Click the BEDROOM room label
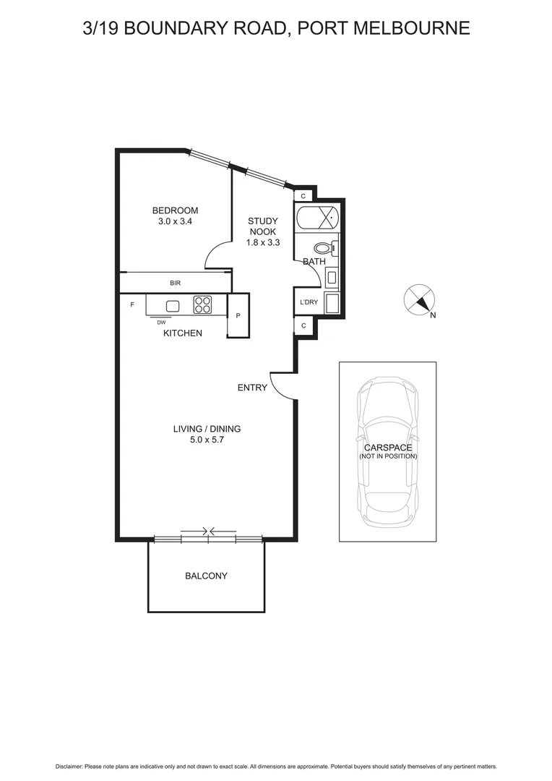175,210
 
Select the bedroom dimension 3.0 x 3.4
175,221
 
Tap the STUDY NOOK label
262,226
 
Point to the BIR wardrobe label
175,283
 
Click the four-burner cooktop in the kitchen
202,305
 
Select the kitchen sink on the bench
173,305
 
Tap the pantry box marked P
238,316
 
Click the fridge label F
132,305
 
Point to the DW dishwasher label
161,323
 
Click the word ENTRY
252,388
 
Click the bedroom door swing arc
217,255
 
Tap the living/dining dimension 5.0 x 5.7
206,440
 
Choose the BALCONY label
206,576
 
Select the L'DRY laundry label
309,302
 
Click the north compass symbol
419,300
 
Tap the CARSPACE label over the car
388,448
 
